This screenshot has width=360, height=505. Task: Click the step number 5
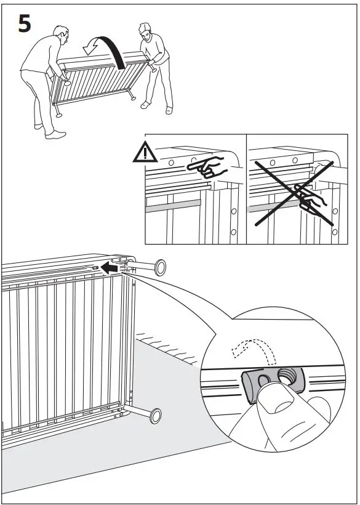click(23, 25)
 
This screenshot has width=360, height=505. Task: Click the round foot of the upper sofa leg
click(160, 268)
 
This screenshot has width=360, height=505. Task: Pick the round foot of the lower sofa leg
click(155, 417)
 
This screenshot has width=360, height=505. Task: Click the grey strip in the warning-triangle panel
click(172, 203)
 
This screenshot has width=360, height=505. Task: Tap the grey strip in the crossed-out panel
click(271, 208)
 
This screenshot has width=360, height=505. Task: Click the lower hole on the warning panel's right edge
click(233, 232)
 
